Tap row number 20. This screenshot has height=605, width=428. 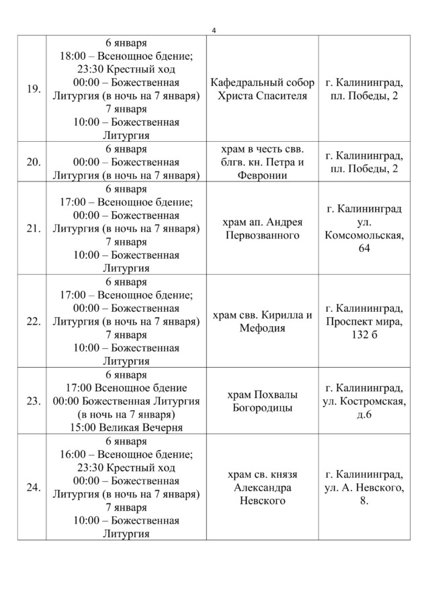32,162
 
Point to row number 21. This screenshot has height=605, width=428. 32,229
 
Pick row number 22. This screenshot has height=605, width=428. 32,321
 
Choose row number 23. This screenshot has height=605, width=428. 32,401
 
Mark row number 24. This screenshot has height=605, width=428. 32,487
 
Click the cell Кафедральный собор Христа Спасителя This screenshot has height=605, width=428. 263,89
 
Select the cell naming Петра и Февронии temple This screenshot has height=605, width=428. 263,162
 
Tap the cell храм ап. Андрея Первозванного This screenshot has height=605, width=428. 263,229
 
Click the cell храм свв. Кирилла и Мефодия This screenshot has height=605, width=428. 263,321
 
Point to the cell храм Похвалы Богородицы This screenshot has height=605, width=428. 263,401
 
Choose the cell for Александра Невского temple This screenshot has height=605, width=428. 263,487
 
